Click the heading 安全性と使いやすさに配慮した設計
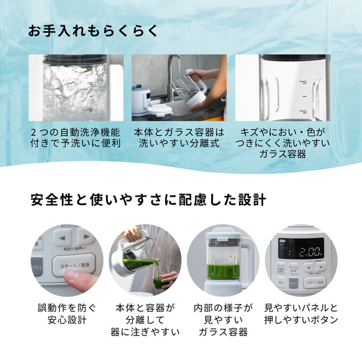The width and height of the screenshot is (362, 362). point(148,200)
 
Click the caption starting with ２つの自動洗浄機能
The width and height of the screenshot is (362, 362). point(75,138)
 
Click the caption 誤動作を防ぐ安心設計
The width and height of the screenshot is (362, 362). point(66,314)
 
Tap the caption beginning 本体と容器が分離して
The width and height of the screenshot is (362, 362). point(145,320)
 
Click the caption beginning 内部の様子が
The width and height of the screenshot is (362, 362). point(223,320)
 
